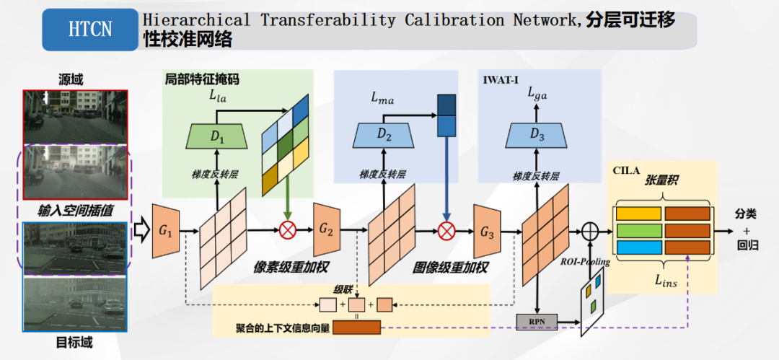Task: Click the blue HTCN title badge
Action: pos(90,30)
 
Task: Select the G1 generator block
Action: pos(165,231)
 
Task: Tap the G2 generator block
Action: pos(327,230)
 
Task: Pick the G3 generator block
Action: pos(487,231)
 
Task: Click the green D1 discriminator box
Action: pos(218,136)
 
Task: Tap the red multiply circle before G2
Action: pos(288,230)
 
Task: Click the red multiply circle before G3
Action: pos(447,230)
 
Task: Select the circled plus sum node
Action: pos(590,231)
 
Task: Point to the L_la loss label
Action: pos(218,95)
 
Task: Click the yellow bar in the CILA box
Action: pos(638,214)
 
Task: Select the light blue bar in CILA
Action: pos(638,247)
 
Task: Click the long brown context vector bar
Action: pos(356,328)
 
